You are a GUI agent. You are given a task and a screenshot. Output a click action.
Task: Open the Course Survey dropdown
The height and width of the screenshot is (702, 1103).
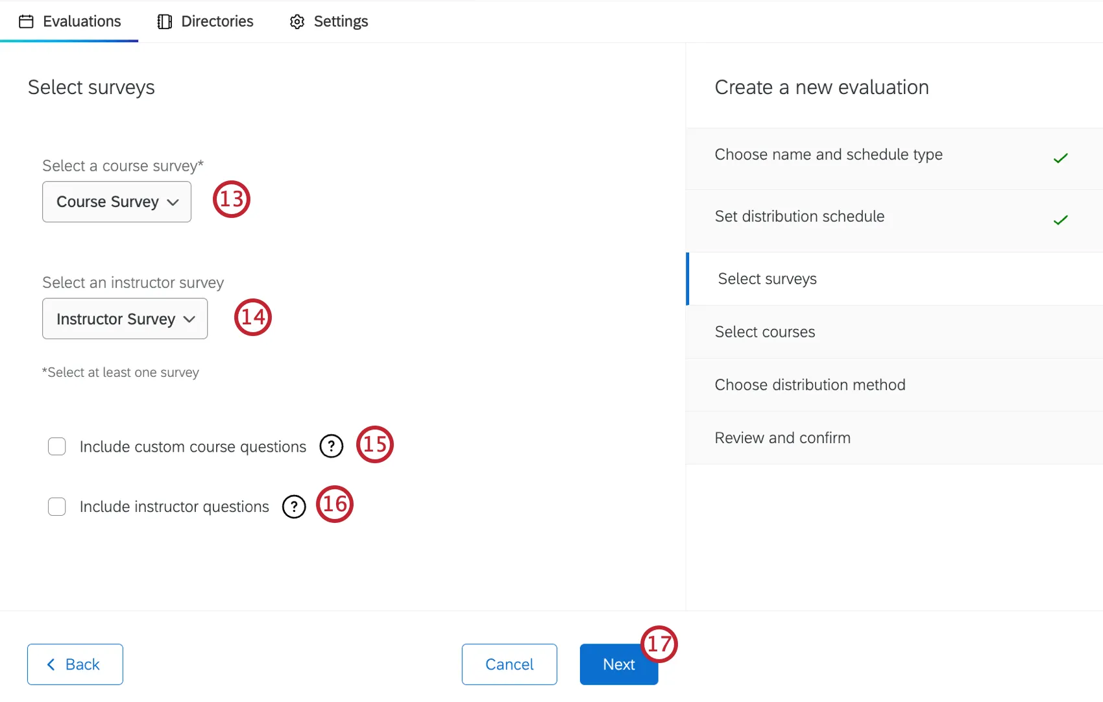[117, 202]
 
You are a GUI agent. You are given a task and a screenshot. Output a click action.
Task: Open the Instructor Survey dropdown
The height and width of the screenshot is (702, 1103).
[125, 319]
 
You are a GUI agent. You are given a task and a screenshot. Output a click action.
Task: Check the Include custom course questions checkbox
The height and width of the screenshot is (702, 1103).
[57, 446]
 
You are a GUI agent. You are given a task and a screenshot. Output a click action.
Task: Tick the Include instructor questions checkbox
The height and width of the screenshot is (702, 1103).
[57, 506]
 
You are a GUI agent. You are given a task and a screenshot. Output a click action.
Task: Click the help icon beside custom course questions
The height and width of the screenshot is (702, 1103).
[331, 446]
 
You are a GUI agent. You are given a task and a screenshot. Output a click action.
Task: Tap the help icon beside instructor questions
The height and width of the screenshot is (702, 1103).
[294, 506]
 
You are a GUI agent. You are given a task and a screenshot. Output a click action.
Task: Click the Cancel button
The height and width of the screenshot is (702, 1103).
[509, 664]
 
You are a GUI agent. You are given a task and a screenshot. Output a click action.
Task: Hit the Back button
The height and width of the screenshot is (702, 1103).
[75, 664]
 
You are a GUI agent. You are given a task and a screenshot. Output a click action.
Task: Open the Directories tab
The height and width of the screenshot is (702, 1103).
[206, 21]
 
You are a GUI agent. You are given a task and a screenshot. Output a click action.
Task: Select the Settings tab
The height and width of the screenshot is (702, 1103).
[329, 21]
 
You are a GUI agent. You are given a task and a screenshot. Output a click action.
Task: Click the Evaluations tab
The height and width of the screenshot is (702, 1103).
[70, 21]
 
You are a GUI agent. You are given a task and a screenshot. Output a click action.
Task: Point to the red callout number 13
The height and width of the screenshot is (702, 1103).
[232, 199]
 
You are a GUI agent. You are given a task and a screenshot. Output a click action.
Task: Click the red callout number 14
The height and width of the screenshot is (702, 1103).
[253, 317]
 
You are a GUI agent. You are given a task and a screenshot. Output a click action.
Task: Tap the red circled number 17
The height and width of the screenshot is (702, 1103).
[659, 644]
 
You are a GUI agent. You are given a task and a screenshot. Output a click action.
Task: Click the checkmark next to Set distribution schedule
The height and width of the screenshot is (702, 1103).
[1060, 221]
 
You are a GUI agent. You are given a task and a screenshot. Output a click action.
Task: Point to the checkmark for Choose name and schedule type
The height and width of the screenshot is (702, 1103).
[1060, 158]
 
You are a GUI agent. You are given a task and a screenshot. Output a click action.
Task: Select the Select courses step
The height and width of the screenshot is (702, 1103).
[765, 332]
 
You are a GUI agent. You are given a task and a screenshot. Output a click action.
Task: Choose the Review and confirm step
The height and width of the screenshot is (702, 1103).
[782, 438]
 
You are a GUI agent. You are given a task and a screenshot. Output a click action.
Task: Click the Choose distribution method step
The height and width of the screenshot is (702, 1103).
[810, 385]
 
